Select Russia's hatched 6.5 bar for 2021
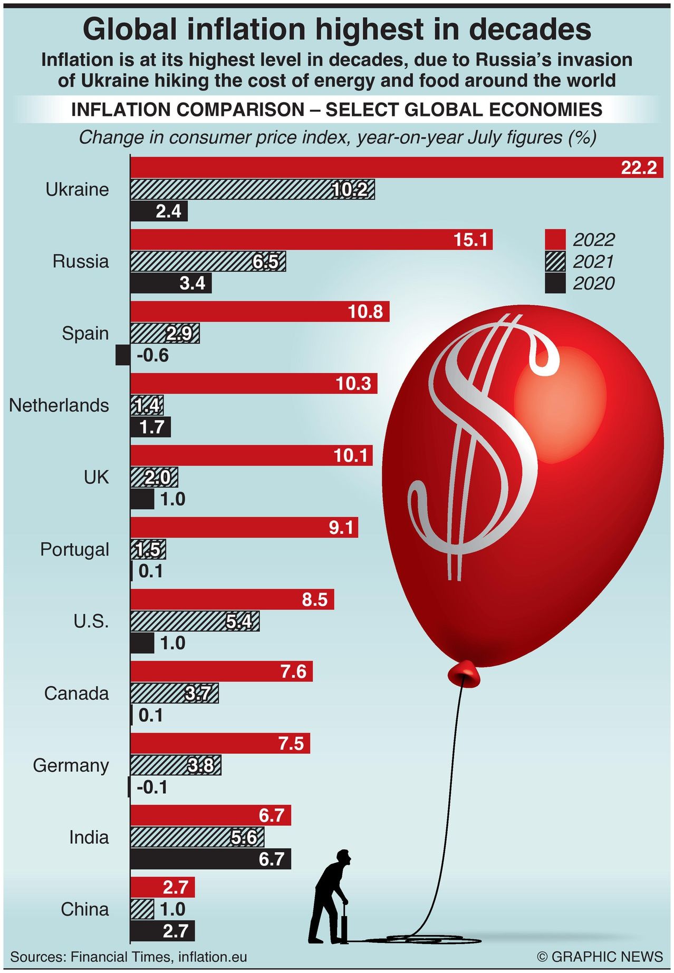208,261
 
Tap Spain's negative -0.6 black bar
122,355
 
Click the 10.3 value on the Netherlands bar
353,384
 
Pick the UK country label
96,478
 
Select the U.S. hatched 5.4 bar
195,621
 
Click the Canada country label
76,694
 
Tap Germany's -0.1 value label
152,787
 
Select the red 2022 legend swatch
555,240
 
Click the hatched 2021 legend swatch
555,262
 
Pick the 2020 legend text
594,284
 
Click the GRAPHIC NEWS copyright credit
599,957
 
